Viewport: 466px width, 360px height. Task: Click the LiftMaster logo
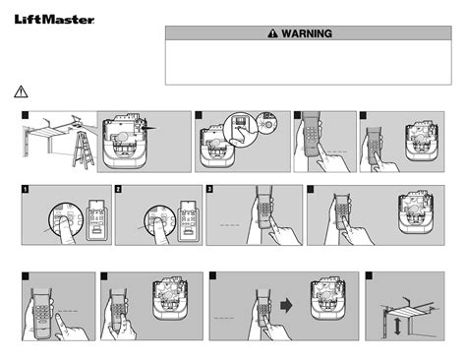point(54,20)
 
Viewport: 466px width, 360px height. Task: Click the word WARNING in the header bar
point(307,33)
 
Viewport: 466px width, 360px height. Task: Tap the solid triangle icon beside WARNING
point(272,33)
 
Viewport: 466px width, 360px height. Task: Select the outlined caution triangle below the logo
point(21,91)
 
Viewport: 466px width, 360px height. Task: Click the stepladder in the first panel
point(84,150)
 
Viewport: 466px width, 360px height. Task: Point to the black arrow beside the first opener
point(150,128)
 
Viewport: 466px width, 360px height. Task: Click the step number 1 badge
point(26,189)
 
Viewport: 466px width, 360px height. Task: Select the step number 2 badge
point(118,189)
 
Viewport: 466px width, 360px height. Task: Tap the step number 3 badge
point(209,189)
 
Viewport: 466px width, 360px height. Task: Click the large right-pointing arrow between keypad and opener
point(286,306)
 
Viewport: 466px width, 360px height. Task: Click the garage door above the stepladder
point(48,134)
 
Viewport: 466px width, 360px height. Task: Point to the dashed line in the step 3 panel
point(230,225)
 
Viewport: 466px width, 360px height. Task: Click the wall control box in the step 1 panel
point(96,219)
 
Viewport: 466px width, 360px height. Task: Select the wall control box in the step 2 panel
point(189,220)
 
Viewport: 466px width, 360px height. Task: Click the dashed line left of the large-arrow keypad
point(224,318)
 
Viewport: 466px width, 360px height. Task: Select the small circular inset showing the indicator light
point(266,123)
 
